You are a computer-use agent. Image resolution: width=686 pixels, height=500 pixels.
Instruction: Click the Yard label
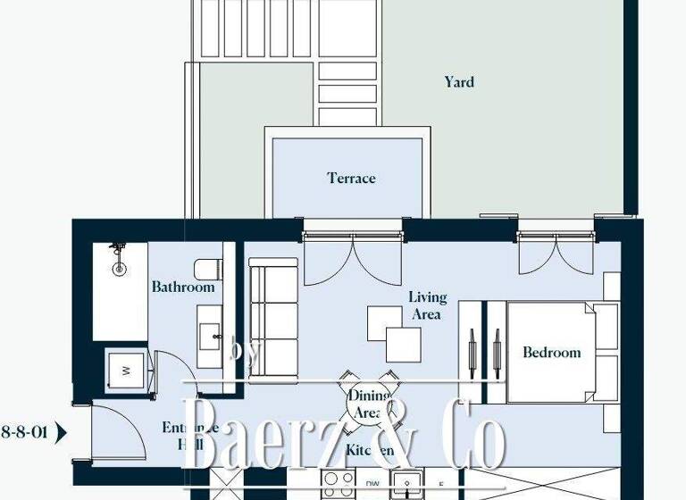click(x=459, y=82)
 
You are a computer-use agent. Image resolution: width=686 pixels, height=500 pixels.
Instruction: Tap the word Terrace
click(x=351, y=178)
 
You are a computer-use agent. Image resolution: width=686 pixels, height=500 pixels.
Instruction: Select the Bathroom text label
click(x=183, y=287)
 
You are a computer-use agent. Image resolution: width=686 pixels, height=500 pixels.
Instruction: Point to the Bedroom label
click(x=551, y=352)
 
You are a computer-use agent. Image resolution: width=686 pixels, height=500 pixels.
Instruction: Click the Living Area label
click(x=428, y=305)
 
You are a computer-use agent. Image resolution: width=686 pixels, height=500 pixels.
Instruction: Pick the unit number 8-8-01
click(x=24, y=433)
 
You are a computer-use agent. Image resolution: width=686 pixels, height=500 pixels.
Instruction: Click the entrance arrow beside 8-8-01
click(x=62, y=434)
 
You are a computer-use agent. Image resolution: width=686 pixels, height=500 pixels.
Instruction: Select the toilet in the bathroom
click(x=206, y=268)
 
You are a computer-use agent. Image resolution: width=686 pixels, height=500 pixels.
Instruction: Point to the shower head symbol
click(x=116, y=258)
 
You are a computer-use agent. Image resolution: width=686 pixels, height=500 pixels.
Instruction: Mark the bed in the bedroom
click(x=549, y=351)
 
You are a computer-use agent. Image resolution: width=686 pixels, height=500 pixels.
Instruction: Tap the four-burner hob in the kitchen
click(x=339, y=485)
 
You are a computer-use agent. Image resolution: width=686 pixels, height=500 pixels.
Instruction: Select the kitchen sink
click(x=411, y=486)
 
